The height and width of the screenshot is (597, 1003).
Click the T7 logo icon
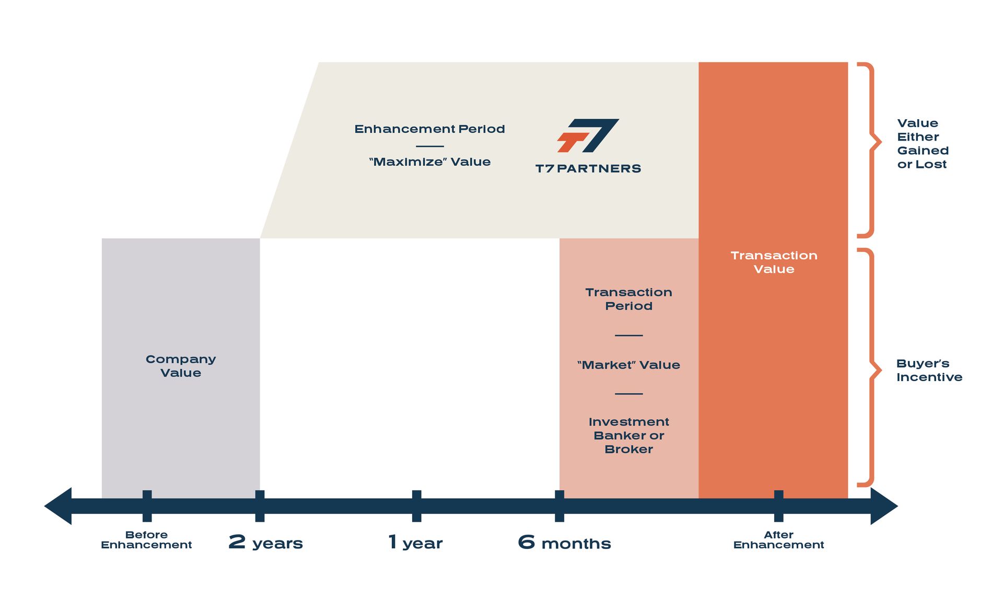pyautogui.click(x=588, y=135)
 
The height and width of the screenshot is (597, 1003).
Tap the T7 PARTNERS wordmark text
pyautogui.click(x=588, y=168)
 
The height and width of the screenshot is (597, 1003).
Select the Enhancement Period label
pyautogui.click(x=429, y=129)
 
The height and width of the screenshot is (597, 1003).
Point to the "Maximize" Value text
pyautogui.click(x=429, y=162)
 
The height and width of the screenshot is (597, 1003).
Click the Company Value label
pyautogui.click(x=181, y=366)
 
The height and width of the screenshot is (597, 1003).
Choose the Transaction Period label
pyautogui.click(x=628, y=299)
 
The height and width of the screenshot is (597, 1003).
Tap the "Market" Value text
pyautogui.click(x=628, y=365)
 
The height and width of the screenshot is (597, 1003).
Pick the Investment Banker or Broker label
pyautogui.click(x=628, y=435)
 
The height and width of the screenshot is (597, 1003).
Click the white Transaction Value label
pyautogui.click(x=774, y=262)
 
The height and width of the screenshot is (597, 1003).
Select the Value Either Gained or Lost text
pyautogui.click(x=923, y=144)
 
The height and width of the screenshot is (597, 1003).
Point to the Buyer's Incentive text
pyautogui.click(x=929, y=370)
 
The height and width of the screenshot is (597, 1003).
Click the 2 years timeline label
pyautogui.click(x=265, y=543)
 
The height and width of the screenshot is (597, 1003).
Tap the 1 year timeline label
pyautogui.click(x=416, y=543)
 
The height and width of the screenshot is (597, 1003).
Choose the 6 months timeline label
pyautogui.click(x=564, y=543)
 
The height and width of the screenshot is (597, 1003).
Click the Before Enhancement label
pyautogui.click(x=146, y=539)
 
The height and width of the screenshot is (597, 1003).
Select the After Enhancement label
pyautogui.click(x=778, y=539)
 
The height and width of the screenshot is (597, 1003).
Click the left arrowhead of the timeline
pyautogui.click(x=59, y=506)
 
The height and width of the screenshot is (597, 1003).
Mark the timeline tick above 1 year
pyautogui.click(x=416, y=506)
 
